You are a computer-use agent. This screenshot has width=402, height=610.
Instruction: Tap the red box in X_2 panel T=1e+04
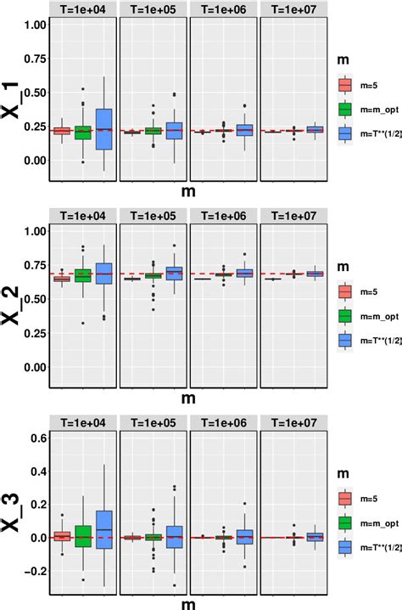click(x=61, y=279)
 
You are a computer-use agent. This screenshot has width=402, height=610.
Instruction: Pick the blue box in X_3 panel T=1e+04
click(x=103, y=507)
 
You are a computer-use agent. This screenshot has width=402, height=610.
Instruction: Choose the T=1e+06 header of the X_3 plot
click(x=223, y=422)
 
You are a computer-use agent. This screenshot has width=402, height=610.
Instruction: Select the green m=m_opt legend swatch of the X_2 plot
click(x=345, y=316)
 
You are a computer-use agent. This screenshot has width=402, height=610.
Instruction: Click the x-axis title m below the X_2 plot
click(x=187, y=396)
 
